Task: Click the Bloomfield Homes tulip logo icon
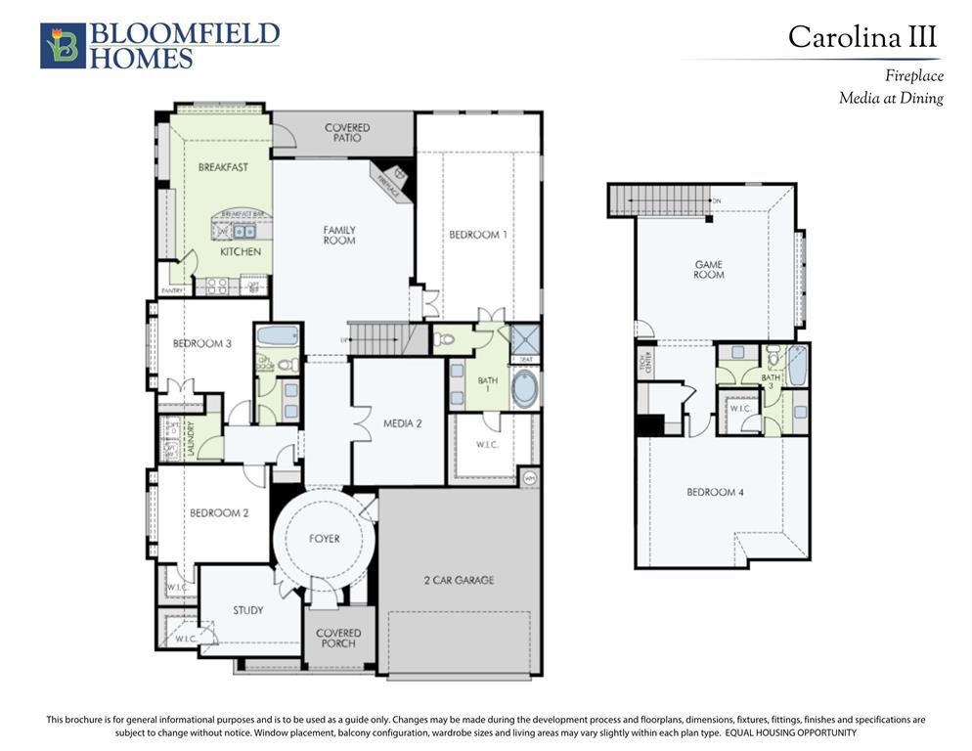point(63,46)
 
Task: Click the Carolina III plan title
point(862,37)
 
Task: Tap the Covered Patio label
point(347,133)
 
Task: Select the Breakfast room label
point(223,167)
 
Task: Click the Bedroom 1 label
point(478,235)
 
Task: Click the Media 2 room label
point(402,423)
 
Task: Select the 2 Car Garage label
point(459,580)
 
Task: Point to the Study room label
point(247,610)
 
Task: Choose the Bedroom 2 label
point(219,512)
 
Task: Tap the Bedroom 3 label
point(202,343)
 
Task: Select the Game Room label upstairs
point(709,270)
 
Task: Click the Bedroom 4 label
point(716,492)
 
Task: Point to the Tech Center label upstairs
point(644,364)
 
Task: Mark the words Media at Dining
point(890,98)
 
